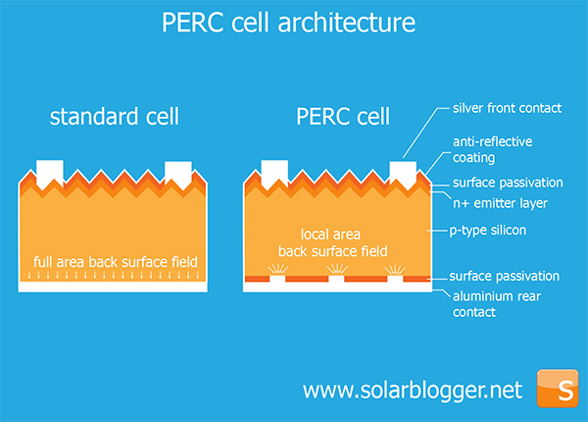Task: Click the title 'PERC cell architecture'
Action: [x=288, y=23]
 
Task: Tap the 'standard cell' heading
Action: [x=115, y=117]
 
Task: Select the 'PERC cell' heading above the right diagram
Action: [x=343, y=117]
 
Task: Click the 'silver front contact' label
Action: [x=507, y=108]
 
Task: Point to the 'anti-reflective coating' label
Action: [x=492, y=149]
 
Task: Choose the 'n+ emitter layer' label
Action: [x=500, y=203]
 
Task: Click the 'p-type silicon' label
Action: [x=488, y=231]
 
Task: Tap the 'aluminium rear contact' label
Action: [x=497, y=304]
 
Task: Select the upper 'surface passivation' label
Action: [x=508, y=183]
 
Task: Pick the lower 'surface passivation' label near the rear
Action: [x=505, y=276]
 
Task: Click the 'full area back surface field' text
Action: [x=115, y=262]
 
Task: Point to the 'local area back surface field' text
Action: [x=332, y=242]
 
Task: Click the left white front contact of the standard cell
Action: [x=50, y=173]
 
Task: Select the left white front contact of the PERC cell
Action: [x=274, y=173]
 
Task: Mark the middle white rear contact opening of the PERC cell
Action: [x=336, y=279]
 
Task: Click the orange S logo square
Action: [x=558, y=389]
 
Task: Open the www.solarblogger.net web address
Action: [x=413, y=391]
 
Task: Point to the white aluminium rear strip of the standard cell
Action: [x=113, y=287]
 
